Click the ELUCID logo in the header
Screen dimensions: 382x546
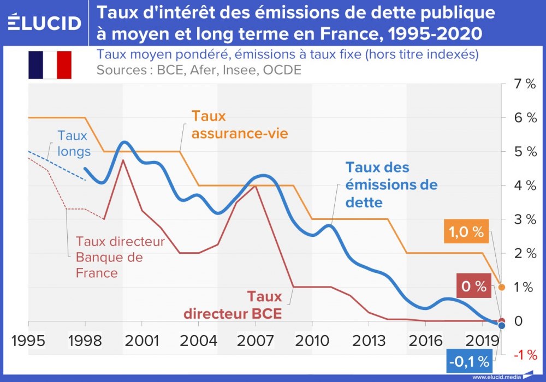click(45, 22)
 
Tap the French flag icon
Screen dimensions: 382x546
click(50, 65)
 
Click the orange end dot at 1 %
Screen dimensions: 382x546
click(502, 286)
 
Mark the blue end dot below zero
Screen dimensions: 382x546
click(502, 326)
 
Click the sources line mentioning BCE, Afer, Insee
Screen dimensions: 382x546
click(199, 70)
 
